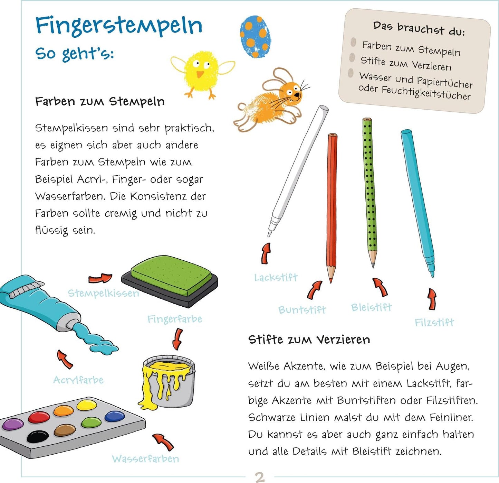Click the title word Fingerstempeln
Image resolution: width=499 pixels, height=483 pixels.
[118, 26]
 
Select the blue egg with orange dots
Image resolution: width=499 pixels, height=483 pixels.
[256, 37]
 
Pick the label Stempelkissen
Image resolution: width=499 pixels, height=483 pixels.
[103, 294]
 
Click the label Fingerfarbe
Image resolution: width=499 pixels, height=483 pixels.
[174, 319]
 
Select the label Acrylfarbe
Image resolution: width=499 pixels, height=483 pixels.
[78, 380]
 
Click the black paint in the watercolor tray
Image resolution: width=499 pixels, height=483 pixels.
[38, 437]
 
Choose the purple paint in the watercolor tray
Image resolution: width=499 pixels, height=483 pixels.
[13, 424]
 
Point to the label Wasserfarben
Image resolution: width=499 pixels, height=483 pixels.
[145, 459]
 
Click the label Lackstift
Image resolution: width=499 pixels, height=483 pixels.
[276, 277]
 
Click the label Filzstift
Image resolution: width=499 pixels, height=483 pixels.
[434, 323]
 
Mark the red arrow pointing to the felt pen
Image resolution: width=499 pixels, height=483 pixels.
[432, 299]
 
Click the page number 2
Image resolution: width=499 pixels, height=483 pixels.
[260, 477]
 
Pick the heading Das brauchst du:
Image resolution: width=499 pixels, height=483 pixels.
[419, 29]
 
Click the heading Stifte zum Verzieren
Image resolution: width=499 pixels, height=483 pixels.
[309, 340]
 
